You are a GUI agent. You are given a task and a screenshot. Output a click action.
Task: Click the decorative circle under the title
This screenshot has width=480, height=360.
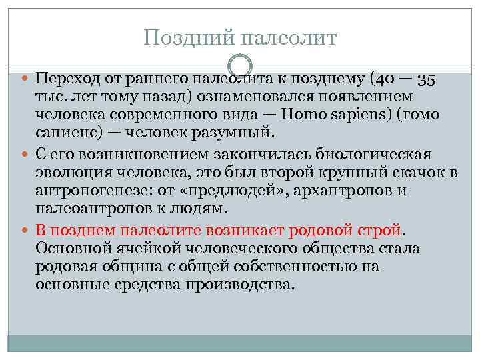pyautogui.click(x=240, y=66)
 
